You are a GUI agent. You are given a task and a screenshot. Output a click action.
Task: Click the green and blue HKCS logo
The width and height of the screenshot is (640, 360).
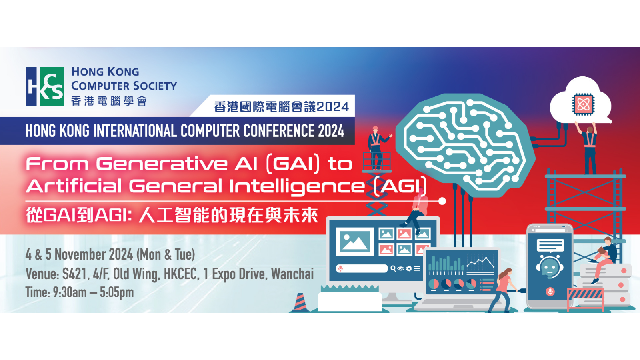45,86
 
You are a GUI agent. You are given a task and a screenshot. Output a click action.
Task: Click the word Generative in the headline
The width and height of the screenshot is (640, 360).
162,164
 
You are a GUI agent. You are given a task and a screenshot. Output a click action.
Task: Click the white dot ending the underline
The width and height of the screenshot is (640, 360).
442,201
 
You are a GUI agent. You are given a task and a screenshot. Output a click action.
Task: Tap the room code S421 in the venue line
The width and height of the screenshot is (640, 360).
74,274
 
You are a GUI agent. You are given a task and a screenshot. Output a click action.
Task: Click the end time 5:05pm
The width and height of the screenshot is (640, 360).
116,292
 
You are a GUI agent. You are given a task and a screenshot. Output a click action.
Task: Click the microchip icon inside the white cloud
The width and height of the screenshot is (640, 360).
583,104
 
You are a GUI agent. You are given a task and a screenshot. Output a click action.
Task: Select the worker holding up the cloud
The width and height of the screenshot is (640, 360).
588,148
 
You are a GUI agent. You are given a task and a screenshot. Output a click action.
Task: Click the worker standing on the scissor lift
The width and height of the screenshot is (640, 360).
377,148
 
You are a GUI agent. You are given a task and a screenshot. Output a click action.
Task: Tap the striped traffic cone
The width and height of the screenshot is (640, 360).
300,302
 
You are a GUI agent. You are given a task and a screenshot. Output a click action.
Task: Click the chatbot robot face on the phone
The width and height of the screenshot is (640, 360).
549,267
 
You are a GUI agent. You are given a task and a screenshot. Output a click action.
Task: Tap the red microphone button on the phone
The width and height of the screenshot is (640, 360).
550,292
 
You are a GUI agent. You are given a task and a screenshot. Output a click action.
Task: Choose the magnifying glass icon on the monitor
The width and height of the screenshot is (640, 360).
393,268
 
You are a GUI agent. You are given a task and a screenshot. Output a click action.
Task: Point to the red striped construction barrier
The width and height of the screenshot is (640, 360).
585,298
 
